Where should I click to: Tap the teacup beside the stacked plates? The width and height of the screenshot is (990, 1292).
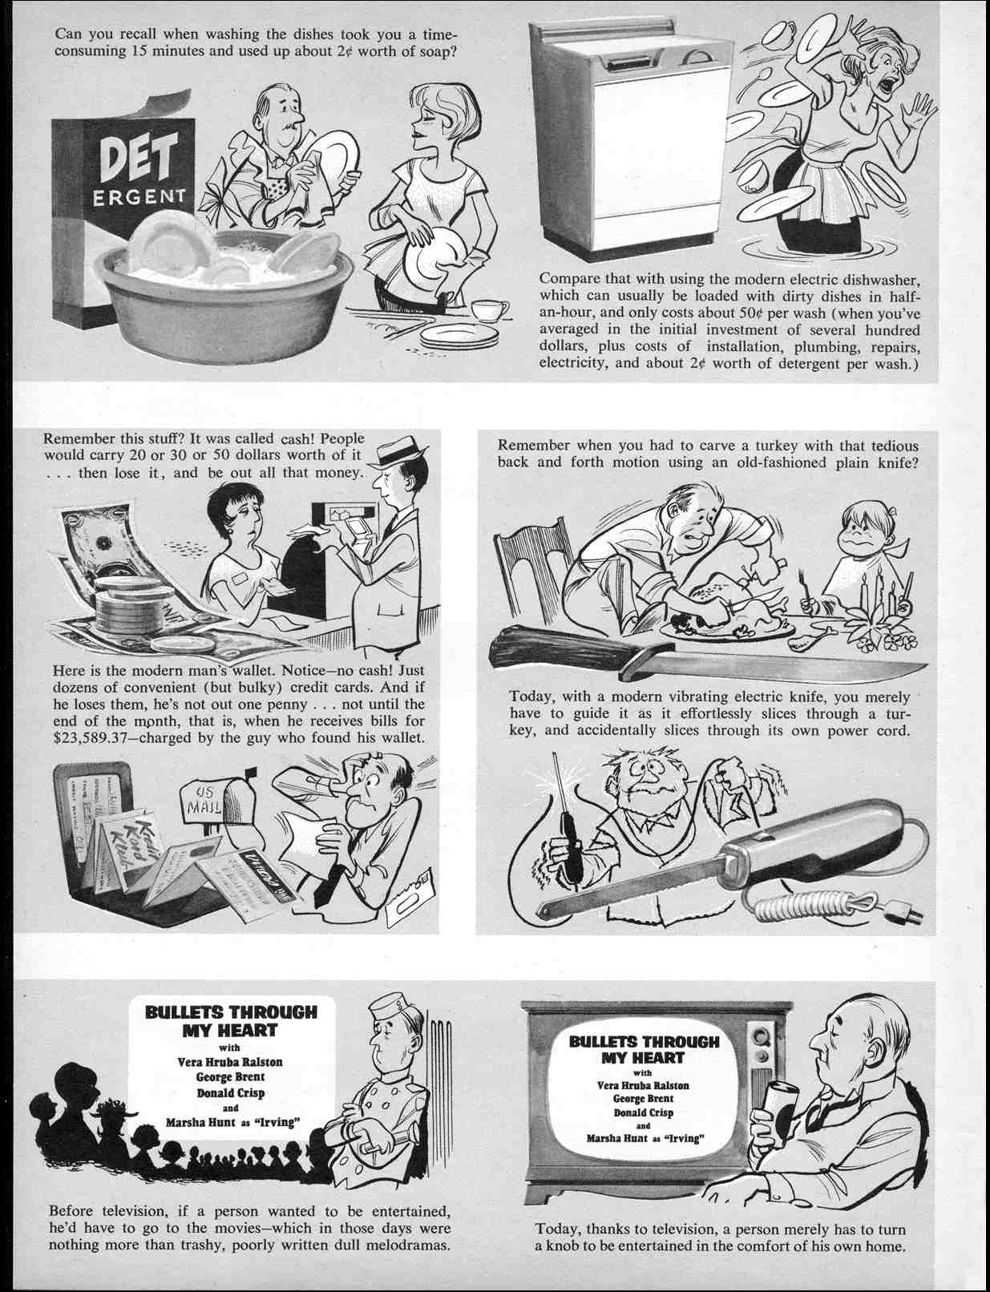click(488, 311)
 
